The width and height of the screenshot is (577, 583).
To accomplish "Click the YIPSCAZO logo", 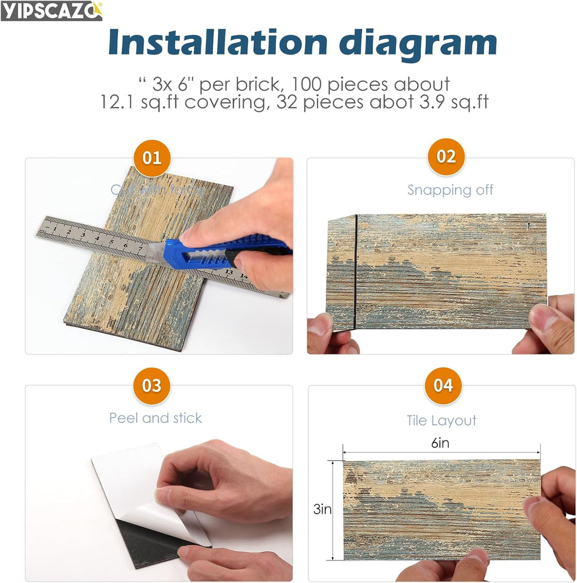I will click(51, 11).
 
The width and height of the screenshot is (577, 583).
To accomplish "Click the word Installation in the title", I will click(217, 42).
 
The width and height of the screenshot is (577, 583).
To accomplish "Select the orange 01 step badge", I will click(152, 158).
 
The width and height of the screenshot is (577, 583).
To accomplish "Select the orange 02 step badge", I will click(446, 157).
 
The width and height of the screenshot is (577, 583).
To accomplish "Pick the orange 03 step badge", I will click(152, 385).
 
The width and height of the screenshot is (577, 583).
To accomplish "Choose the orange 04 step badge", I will click(443, 385).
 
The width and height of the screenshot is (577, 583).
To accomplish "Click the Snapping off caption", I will click(450, 190).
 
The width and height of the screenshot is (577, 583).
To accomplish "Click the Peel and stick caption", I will click(155, 418).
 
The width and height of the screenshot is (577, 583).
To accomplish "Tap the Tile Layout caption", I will click(441, 421).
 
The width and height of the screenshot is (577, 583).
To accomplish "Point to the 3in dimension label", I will click(322, 509).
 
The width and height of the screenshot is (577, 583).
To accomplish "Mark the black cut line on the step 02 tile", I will click(355, 270).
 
